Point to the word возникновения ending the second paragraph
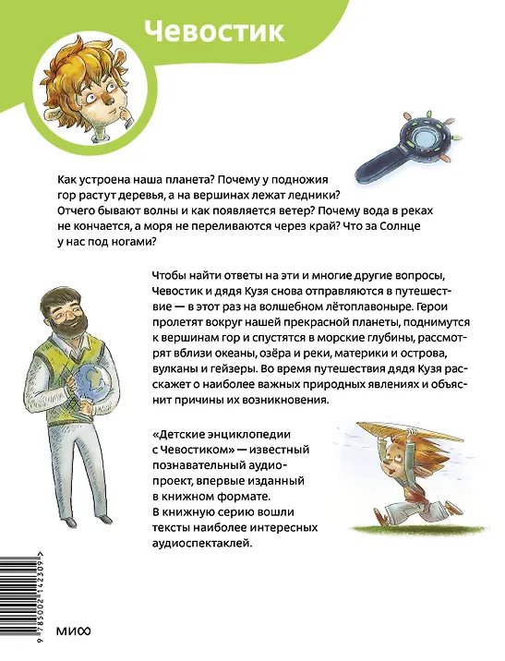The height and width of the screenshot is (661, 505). [x=276, y=401]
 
